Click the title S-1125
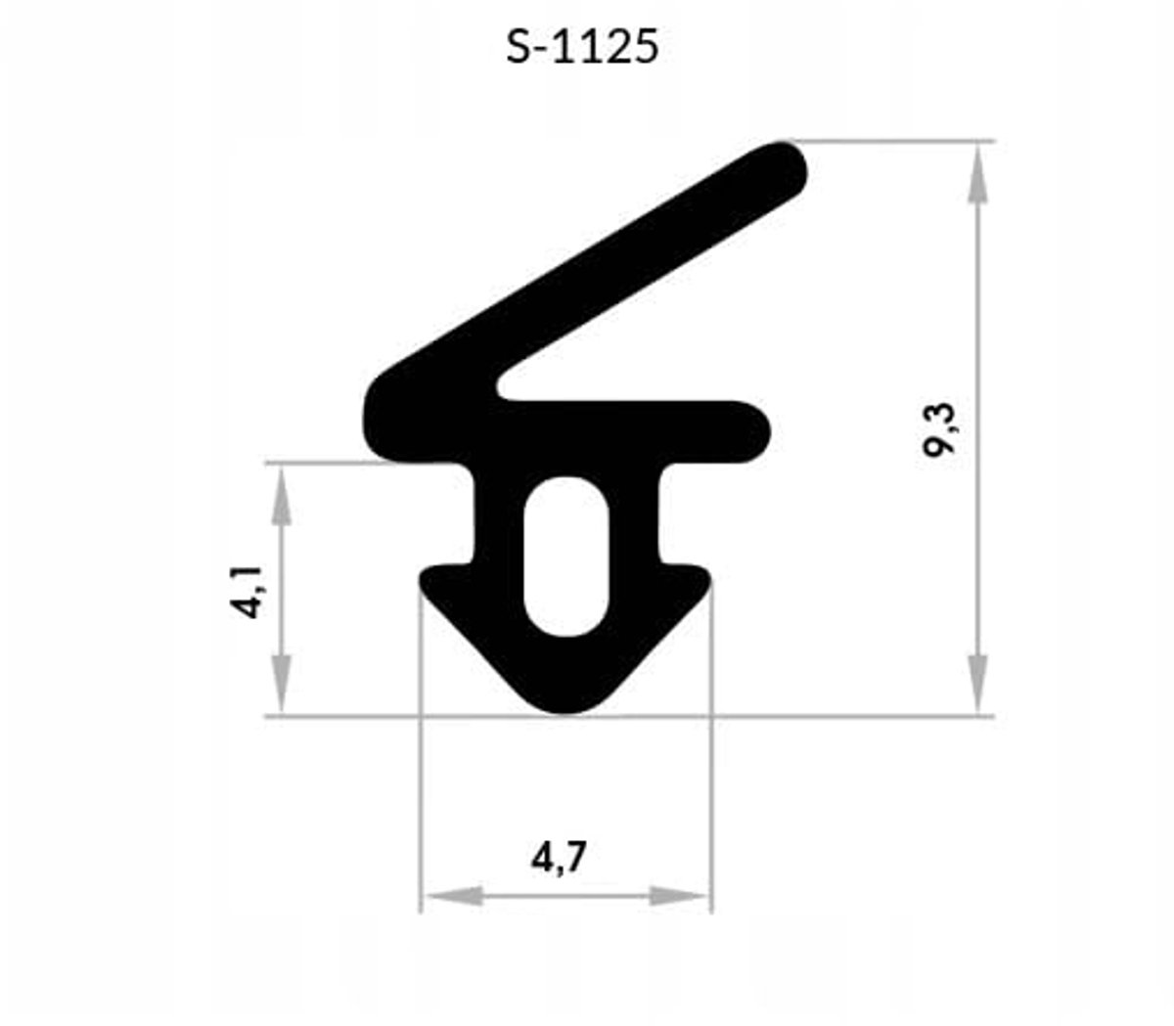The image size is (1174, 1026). pyautogui.click(x=582, y=46)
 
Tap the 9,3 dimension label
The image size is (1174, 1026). pyautogui.click(x=939, y=429)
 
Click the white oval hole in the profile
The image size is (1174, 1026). pyautogui.click(x=566, y=556)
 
